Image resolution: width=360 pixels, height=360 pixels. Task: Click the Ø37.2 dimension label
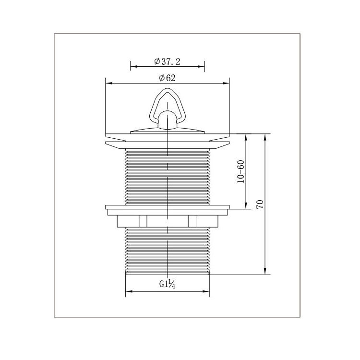(x=168, y=61)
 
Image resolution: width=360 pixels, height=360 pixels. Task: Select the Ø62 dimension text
(x=168, y=78)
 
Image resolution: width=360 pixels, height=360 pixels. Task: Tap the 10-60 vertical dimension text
(x=241, y=171)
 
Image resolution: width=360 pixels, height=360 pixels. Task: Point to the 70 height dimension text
(x=260, y=204)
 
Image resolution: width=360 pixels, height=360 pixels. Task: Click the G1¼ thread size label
(x=168, y=284)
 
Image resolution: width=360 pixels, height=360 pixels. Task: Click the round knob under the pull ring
(x=168, y=120)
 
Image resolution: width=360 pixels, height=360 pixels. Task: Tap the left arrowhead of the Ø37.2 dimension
(x=133, y=67)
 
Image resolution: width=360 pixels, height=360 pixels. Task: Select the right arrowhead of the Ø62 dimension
(x=226, y=84)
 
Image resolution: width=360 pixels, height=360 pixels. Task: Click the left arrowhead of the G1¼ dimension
(x=129, y=291)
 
